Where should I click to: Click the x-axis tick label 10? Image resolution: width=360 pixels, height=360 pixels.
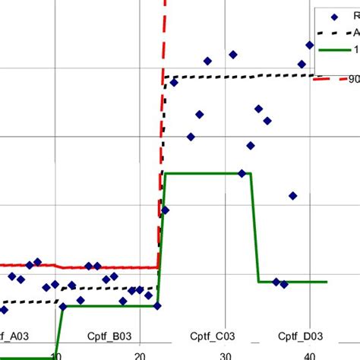55,355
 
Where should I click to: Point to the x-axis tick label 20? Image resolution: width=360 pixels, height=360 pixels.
139,355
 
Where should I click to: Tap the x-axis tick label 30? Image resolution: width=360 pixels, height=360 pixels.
224,355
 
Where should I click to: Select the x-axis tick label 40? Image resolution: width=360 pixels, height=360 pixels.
308,355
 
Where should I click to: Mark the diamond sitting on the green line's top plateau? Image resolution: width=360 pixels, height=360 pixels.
242,174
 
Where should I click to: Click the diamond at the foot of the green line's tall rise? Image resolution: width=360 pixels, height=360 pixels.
157,306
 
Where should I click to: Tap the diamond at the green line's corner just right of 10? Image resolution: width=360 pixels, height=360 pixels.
64,308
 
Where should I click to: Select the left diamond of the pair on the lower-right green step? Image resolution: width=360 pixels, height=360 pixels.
276,282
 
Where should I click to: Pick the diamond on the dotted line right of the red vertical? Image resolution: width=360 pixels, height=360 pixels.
174,82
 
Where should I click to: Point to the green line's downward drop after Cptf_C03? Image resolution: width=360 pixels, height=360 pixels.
255,228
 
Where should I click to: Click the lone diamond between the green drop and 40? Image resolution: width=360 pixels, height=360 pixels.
292,196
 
